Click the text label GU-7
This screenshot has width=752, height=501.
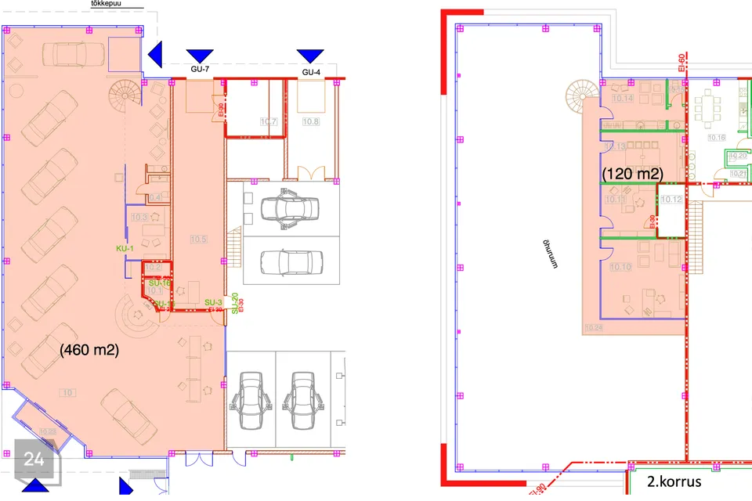200,70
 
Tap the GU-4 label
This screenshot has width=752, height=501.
311,73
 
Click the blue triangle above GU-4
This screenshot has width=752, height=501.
310,55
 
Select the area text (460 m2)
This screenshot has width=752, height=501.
89,351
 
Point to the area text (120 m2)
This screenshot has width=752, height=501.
632,173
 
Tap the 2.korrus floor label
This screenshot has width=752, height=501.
674,482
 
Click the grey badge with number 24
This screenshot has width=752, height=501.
34,460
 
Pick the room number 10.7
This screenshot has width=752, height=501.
269,121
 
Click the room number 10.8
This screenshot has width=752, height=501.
311,121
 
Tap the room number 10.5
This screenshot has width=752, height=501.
198,238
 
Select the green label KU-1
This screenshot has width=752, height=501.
125,248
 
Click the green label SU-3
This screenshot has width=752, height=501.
214,302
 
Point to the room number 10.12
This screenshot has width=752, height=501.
671,200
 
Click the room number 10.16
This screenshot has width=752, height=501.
716,137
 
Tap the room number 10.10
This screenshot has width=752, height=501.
620,267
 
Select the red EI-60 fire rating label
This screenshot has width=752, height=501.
682,62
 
